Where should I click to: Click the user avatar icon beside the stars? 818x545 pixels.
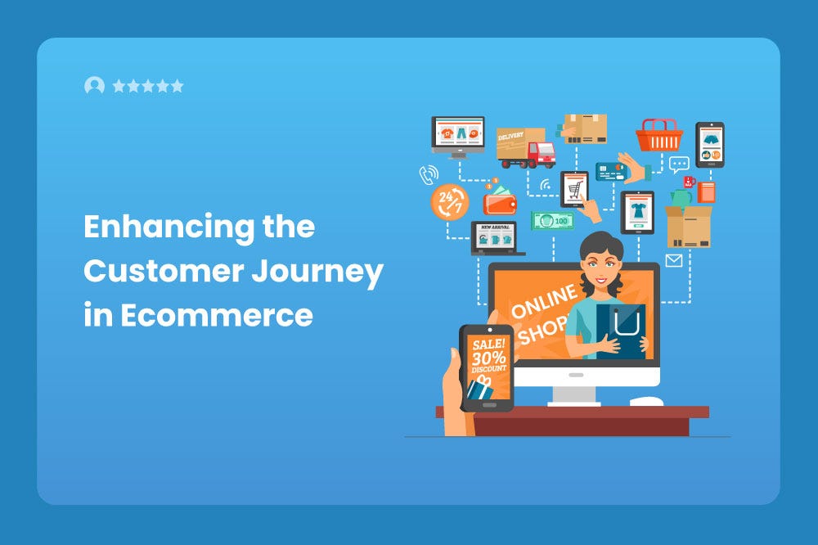click(94, 86)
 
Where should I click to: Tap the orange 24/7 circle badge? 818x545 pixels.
click(449, 201)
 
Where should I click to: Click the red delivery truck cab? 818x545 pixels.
click(541, 154)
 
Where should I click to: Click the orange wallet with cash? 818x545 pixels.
click(499, 200)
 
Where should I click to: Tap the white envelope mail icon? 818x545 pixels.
click(674, 261)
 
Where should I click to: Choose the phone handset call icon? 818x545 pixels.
click(428, 174)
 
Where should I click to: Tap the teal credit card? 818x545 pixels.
click(611, 171)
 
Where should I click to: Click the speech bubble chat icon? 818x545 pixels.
click(679, 164)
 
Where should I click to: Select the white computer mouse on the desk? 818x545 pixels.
click(646, 401)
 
